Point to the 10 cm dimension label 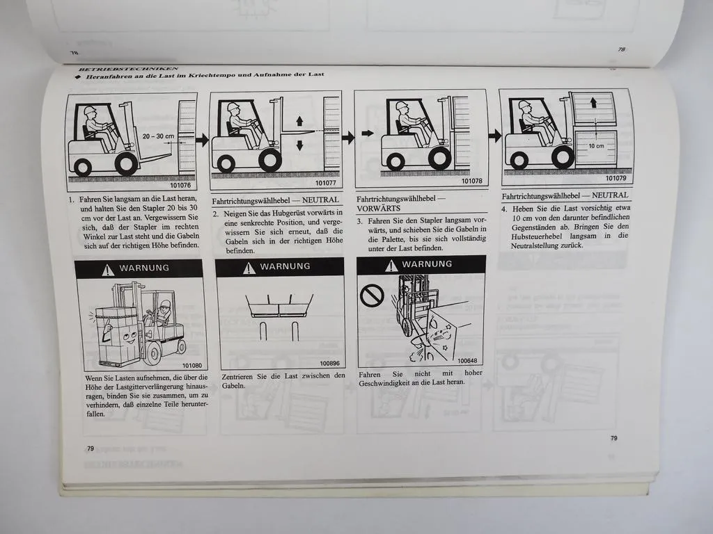point(596,146)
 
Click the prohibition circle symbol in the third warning point(372,296)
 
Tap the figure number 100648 point(467,360)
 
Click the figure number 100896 point(329,363)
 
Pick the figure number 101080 point(191,365)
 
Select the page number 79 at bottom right point(613,438)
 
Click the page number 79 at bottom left point(90,448)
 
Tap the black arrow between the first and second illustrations point(202,140)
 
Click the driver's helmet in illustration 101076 point(89,110)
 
